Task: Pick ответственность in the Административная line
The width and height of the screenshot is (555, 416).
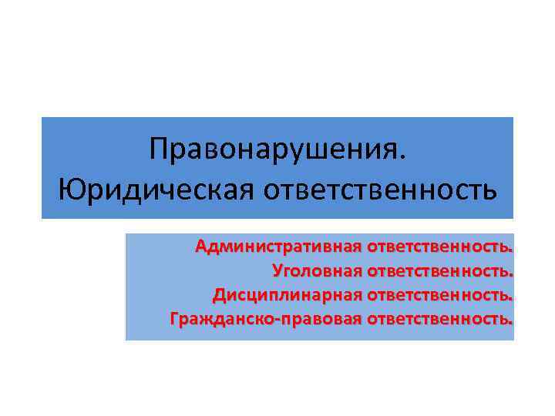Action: click(x=440, y=247)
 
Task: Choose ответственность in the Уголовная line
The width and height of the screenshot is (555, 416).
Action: click(x=440, y=270)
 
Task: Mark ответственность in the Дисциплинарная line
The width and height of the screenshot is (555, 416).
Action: click(x=440, y=294)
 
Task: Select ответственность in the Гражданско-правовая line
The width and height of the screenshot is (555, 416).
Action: click(x=440, y=317)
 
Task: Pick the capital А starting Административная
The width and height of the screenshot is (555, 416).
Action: click(x=200, y=247)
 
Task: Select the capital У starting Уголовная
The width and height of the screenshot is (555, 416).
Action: click(x=277, y=270)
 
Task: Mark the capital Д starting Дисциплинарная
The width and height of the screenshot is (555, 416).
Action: click(x=218, y=294)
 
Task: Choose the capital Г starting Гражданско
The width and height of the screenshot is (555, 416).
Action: click(x=173, y=317)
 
